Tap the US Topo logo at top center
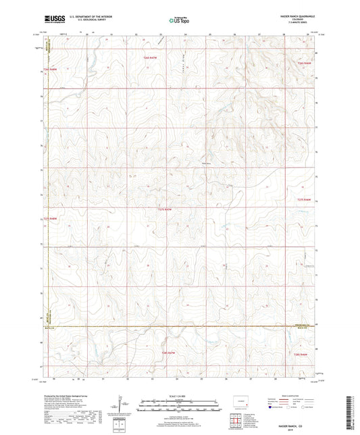pyautogui.click(x=178, y=22)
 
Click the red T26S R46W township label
pyautogui.click(x=305, y=63)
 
